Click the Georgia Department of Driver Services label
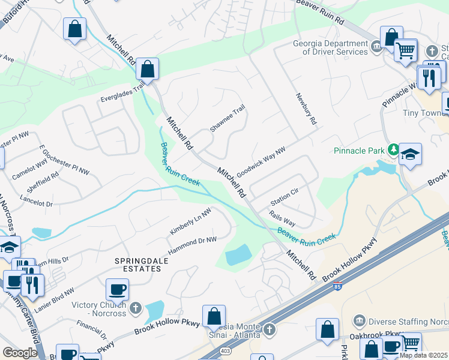click(330, 47)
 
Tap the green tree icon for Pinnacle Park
click(393, 149)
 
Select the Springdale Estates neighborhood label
click(138, 265)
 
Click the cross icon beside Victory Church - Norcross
click(136, 309)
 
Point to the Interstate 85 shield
click(338, 286)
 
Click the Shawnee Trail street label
click(227, 120)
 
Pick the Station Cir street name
click(285, 196)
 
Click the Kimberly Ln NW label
click(190, 222)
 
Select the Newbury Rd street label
click(306, 108)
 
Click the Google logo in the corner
click(20, 353)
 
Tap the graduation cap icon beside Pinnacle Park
click(410, 155)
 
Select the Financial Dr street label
click(92, 329)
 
